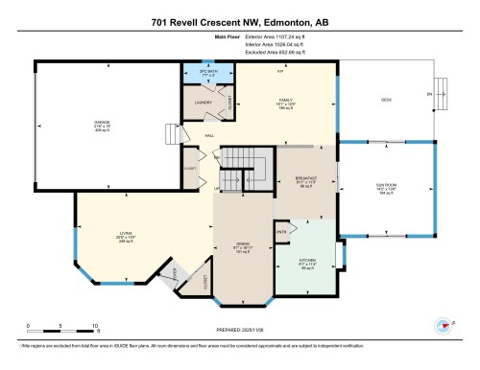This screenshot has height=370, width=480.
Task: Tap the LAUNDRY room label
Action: click(203, 101)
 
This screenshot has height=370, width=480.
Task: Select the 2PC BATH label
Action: click(202, 70)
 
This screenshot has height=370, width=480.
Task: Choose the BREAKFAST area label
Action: click(305, 178)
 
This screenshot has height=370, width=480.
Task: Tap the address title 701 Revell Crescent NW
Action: click(239, 21)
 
